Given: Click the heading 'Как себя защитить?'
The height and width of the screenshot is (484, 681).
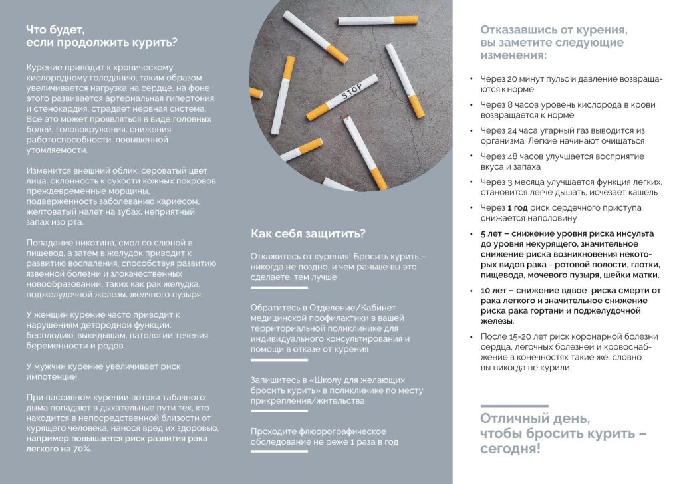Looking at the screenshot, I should [x=307, y=233].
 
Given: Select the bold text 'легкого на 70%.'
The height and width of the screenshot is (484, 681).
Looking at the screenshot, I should [x=59, y=449].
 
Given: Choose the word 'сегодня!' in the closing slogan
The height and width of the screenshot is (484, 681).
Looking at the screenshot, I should [x=510, y=449].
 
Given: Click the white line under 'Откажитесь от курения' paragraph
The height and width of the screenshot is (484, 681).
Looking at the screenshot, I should [x=279, y=288].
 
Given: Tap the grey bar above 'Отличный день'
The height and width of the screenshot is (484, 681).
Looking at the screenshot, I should [x=514, y=406].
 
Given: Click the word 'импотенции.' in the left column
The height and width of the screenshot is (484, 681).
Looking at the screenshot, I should [x=53, y=377].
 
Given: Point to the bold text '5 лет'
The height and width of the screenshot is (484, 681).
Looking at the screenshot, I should [x=491, y=234].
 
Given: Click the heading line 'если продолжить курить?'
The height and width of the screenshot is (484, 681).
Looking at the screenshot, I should [x=101, y=43].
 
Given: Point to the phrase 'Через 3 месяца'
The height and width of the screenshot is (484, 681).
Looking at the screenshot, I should [x=516, y=182].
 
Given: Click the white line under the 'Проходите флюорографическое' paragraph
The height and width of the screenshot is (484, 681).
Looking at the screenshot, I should [x=279, y=451].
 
